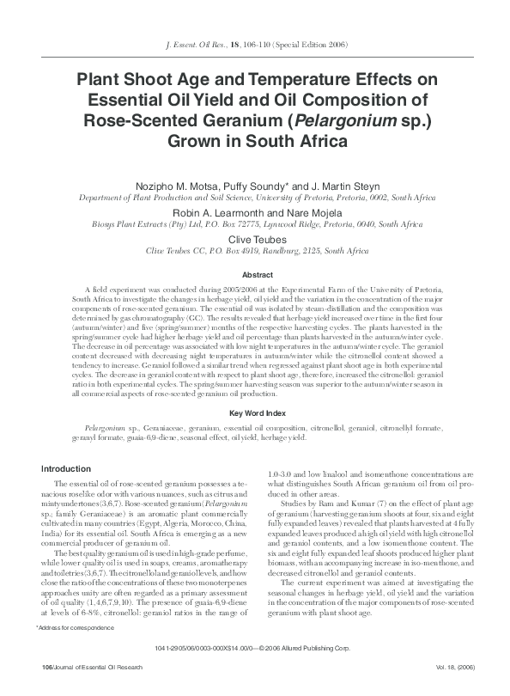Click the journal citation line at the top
pos(255,44)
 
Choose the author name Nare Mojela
pos(300,211)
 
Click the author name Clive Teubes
pos(255,236)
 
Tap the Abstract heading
pos(255,275)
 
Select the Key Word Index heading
pos(255,413)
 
